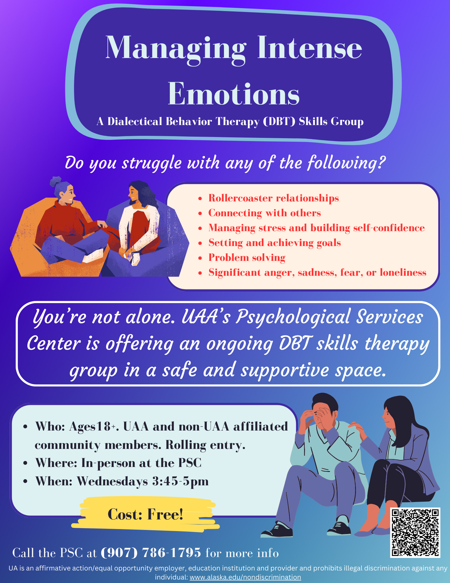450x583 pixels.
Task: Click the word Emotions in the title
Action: (234, 94)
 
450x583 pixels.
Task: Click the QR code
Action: (415, 533)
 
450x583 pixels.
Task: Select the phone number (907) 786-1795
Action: (151, 553)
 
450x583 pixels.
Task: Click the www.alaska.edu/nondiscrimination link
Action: (245, 577)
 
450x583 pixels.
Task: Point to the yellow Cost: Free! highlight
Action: (145, 514)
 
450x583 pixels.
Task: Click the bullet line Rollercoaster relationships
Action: (273, 198)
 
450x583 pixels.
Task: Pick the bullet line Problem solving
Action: (247, 258)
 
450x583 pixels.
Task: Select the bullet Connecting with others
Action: (264, 213)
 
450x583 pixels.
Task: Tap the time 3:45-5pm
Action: (180, 481)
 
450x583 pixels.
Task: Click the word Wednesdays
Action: (112, 481)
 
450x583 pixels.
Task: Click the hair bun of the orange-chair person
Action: (56, 182)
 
